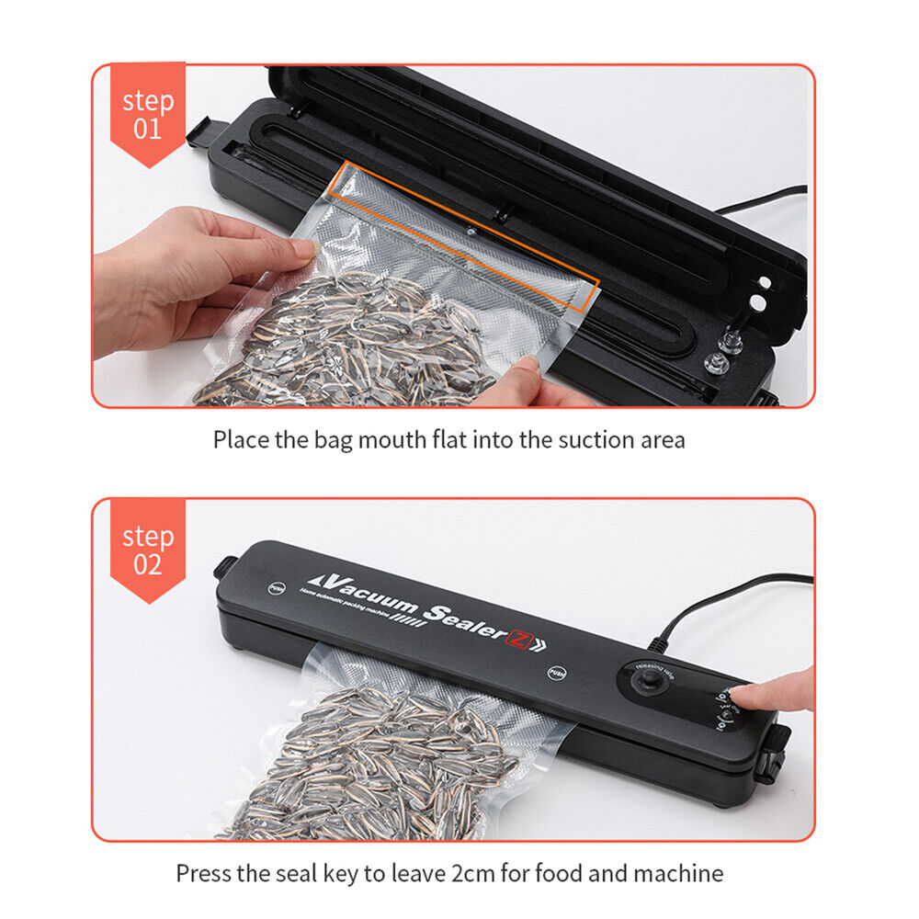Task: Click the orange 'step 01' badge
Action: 147,112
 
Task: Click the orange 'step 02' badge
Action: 147,549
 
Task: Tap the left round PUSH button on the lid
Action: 275,586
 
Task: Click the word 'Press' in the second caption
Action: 201,872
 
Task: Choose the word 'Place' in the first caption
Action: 241,439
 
